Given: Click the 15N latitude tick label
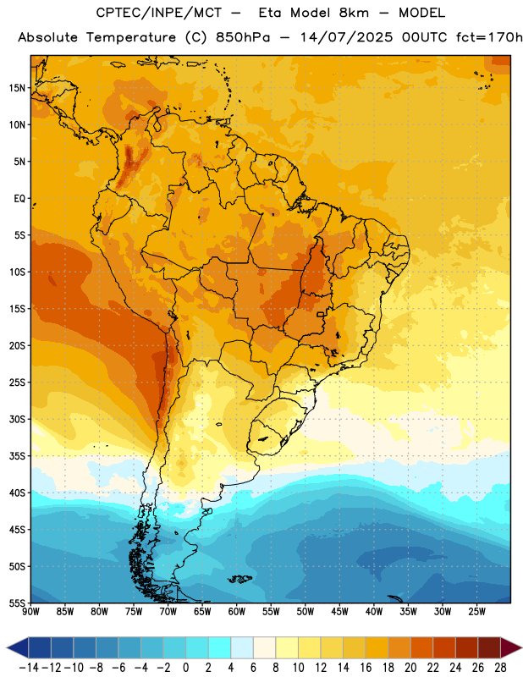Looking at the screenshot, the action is (17, 88).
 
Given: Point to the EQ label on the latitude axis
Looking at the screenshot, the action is (19, 199).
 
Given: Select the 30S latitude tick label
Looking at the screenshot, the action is (17, 419).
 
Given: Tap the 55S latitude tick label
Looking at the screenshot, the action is (17, 603).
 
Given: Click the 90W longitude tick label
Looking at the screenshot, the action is (30, 611).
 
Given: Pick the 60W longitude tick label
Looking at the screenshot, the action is (237, 611).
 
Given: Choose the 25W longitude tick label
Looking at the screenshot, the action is (476, 611).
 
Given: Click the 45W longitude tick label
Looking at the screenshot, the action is (339, 611).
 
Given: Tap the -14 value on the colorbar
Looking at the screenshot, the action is (29, 668).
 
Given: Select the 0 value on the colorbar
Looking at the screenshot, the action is (185, 668).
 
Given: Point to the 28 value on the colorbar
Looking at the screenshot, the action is (500, 668).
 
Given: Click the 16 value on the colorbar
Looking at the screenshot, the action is (366, 668).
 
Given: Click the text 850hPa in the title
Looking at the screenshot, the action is (243, 37).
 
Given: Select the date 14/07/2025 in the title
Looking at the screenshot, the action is (346, 37).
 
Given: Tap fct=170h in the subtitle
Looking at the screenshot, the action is (489, 37).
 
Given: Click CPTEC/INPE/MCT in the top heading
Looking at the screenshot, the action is (158, 13).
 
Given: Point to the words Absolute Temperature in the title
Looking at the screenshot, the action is (96, 37).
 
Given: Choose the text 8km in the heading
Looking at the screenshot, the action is (354, 13).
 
